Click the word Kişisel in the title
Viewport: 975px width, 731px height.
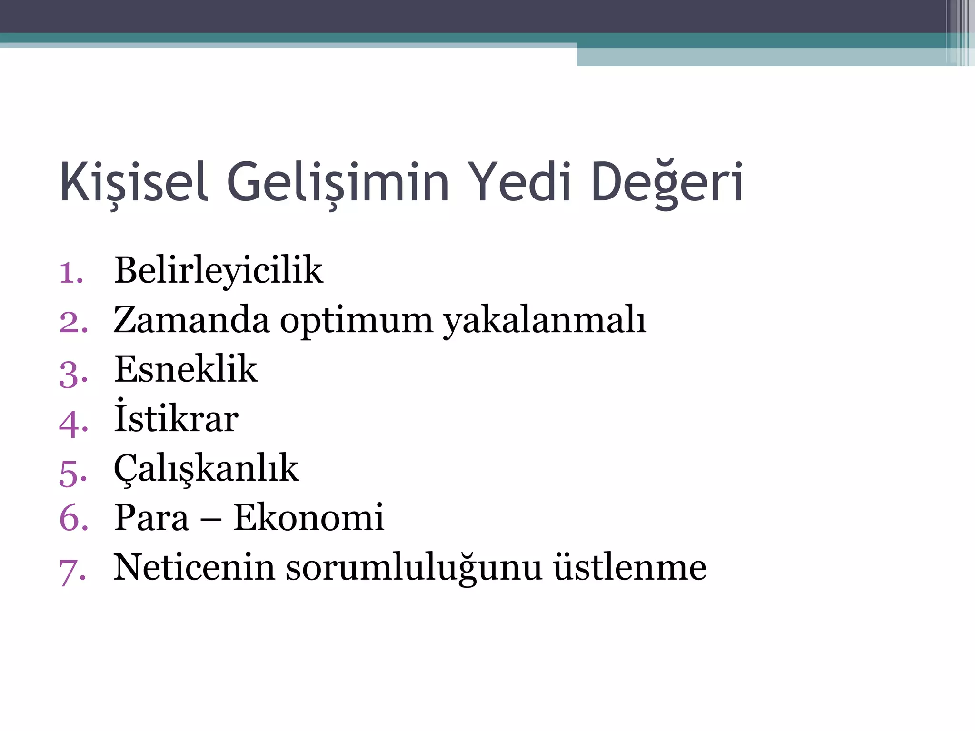(x=134, y=182)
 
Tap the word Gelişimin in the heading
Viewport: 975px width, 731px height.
(x=338, y=182)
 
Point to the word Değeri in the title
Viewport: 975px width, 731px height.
(x=667, y=182)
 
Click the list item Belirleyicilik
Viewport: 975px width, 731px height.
(x=219, y=270)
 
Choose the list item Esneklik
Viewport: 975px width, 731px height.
(x=186, y=369)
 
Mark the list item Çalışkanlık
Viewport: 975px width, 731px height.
(x=206, y=469)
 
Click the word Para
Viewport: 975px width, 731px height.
(x=151, y=518)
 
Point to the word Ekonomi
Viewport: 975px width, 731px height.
(x=308, y=518)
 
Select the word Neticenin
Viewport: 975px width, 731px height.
(x=194, y=567)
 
